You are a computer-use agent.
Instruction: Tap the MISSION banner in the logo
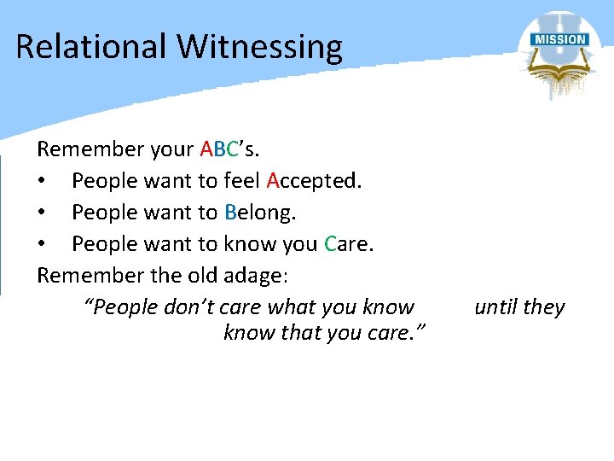(x=559, y=40)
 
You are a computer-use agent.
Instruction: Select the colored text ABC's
(x=229, y=149)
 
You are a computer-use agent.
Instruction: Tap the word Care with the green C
(x=349, y=244)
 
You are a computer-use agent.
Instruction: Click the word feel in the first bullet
(x=242, y=181)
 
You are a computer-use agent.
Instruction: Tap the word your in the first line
(x=171, y=150)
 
